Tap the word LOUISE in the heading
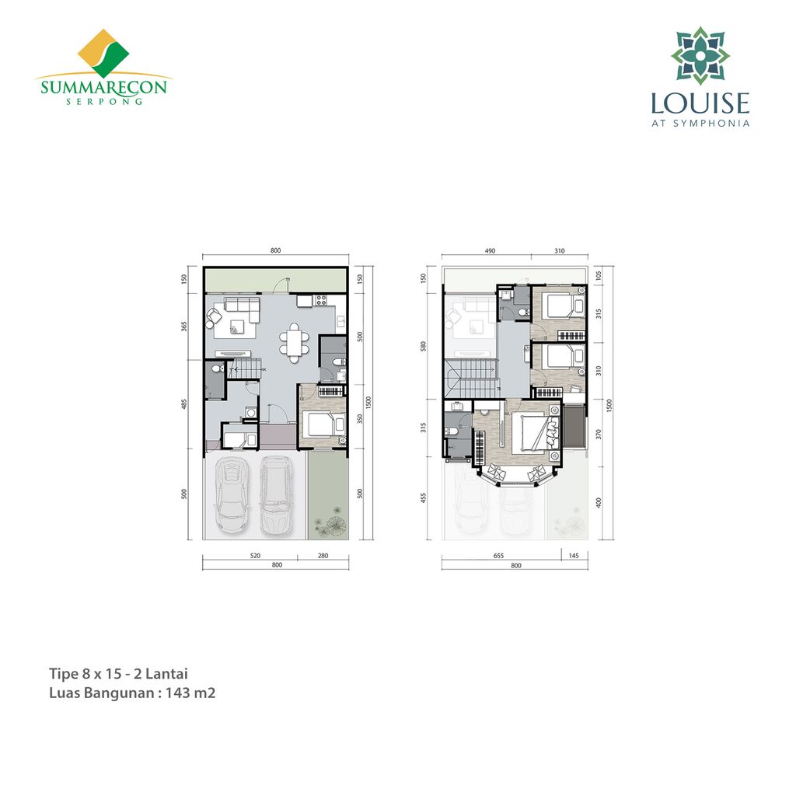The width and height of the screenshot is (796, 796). coord(700,103)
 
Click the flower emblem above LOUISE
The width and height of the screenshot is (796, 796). coord(700,55)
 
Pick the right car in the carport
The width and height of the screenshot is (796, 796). coord(276,493)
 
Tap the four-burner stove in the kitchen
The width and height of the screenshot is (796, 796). coord(321,300)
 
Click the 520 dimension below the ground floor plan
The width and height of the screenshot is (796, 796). coord(255,555)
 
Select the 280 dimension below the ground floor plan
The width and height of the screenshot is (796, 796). coord(323,555)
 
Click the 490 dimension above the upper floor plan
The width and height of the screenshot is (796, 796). coord(490,251)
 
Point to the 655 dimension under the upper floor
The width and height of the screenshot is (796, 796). coord(498,556)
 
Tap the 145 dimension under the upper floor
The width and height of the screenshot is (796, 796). coord(574,556)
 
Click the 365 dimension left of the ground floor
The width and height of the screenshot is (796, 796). coord(184,326)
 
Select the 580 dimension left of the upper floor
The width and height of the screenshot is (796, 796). coord(424,346)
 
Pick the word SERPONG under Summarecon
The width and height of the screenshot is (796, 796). coord(104,101)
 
